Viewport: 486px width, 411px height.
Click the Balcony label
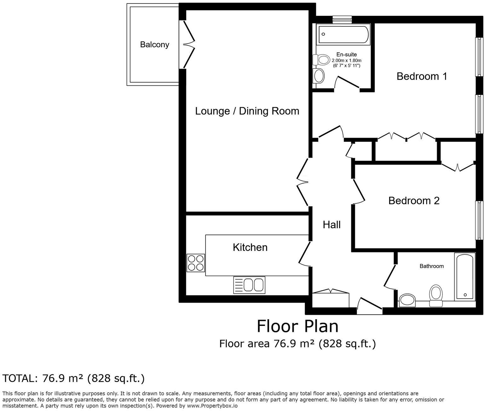click(x=154, y=44)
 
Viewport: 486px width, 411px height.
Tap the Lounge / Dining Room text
click(x=247, y=111)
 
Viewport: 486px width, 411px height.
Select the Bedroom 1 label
click(x=422, y=76)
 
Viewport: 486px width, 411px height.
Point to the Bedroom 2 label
click(x=414, y=200)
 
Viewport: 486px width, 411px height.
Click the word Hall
click(x=332, y=225)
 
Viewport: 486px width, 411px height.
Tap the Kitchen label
click(x=250, y=247)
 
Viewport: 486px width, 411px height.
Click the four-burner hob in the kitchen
click(x=195, y=263)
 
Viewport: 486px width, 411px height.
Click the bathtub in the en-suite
click(x=343, y=34)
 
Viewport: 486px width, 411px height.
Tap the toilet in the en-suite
click(x=321, y=59)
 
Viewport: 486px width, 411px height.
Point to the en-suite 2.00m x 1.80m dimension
click(x=346, y=60)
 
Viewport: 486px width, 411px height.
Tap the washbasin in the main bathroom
click(x=408, y=300)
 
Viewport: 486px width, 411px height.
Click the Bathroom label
click(x=431, y=266)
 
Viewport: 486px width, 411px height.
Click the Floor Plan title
click(x=298, y=326)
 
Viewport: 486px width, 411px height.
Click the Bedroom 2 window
click(x=479, y=220)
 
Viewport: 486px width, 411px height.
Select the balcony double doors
click(x=188, y=44)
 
